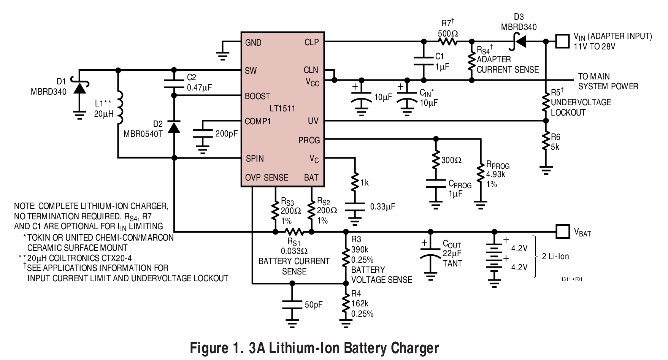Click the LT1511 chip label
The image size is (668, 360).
tap(282, 108)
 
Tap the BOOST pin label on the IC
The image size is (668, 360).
tap(257, 96)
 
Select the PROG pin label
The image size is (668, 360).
tap(309, 140)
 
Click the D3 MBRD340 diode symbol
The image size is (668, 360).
tap(519, 41)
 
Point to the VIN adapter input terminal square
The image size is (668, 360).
tap(562, 41)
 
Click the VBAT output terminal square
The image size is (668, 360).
tap(562, 231)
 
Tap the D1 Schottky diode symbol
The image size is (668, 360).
tap(79, 88)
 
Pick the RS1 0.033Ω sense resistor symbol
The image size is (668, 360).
tap(293, 232)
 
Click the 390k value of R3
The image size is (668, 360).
tap(360, 250)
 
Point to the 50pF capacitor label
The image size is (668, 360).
tap(313, 304)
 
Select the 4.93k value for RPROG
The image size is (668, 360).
tap(496, 174)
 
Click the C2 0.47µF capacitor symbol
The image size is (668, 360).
tap(174, 84)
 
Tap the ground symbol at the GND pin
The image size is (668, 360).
tap(223, 55)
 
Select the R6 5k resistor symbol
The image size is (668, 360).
tap(546, 142)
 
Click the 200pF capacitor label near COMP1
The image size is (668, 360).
tap(226, 134)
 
